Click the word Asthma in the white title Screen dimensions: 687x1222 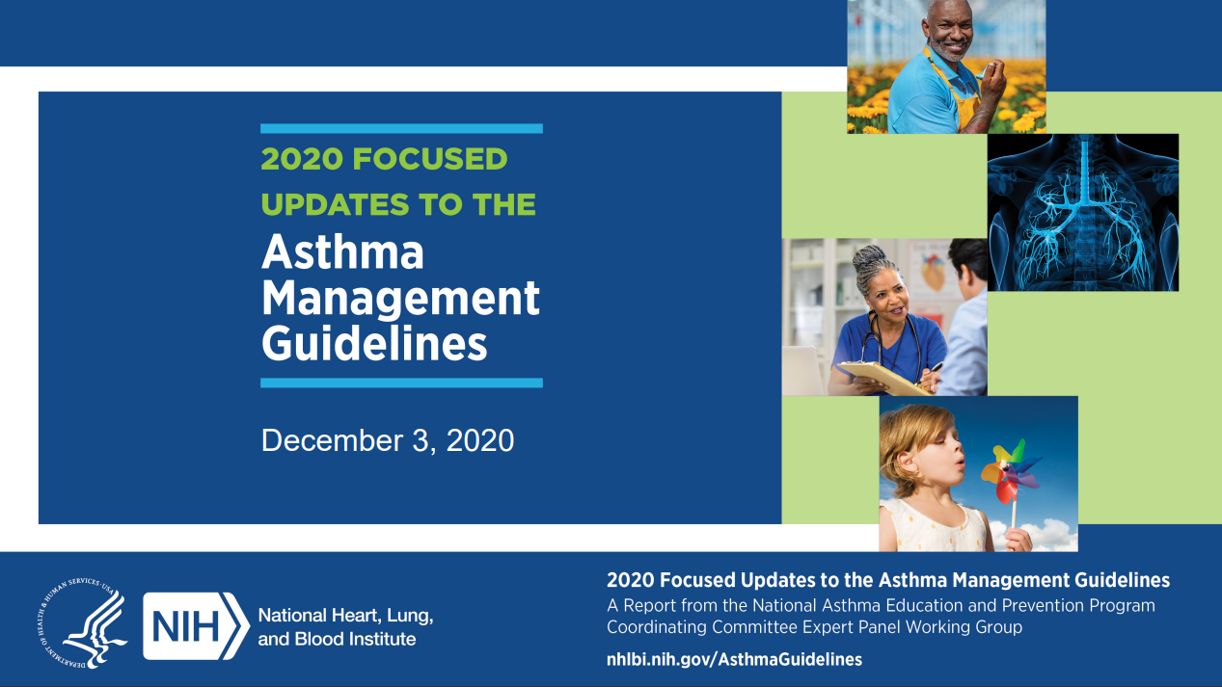click(x=342, y=252)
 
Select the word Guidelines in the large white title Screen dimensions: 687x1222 click(x=374, y=343)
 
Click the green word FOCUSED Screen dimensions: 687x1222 click(x=429, y=159)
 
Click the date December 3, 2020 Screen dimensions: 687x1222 click(x=388, y=440)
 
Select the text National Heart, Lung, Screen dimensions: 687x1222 click(x=345, y=615)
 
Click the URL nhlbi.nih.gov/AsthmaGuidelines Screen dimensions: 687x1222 click(x=734, y=659)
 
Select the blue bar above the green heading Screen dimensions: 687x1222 click(x=401, y=128)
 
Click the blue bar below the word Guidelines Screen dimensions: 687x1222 click(x=401, y=383)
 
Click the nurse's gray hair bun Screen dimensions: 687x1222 click(x=871, y=259)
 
